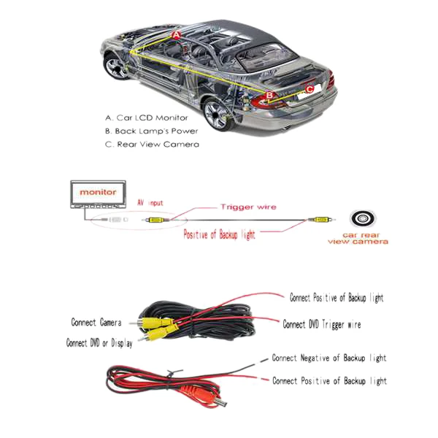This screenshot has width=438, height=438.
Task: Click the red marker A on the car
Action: pyautogui.click(x=176, y=34)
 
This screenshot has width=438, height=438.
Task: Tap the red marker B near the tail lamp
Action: pyautogui.click(x=269, y=95)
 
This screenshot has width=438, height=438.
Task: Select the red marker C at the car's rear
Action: pyautogui.click(x=310, y=89)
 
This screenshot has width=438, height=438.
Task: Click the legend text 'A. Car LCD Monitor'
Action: pyautogui.click(x=146, y=118)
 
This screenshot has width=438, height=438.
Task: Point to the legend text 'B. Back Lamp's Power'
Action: pyautogui.click(x=151, y=131)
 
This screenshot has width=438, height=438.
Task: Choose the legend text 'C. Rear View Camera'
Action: pyautogui.click(x=152, y=145)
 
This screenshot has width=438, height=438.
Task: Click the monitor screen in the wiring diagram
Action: pyautogui.click(x=98, y=192)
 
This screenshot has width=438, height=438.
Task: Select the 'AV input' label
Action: pyautogui.click(x=150, y=202)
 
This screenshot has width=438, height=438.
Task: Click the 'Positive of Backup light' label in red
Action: pyautogui.click(x=219, y=235)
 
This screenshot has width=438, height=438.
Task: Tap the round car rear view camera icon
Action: pyautogui.click(x=364, y=220)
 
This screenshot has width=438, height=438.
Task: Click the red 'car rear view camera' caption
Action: pyautogui.click(x=358, y=239)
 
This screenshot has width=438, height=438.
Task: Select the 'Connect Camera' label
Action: pyautogui.click(x=96, y=322)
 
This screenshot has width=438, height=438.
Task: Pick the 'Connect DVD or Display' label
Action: pyautogui.click(x=99, y=342)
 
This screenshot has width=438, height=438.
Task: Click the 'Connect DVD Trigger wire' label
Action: pyautogui.click(x=322, y=324)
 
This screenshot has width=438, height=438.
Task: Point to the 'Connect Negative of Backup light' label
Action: pyautogui.click(x=328, y=358)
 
